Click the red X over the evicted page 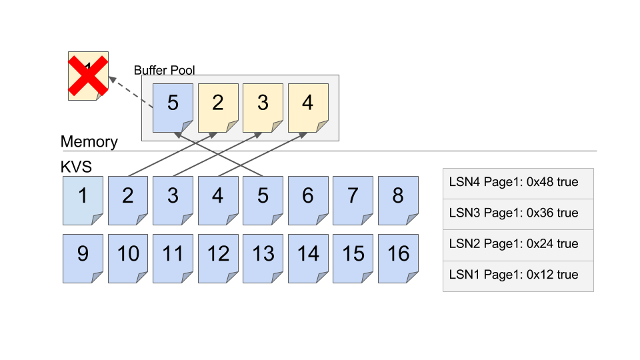(x=88, y=75)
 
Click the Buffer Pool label (x=164, y=70)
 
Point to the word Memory (x=89, y=142)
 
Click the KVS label (x=75, y=166)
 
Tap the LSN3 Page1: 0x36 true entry (x=518, y=213)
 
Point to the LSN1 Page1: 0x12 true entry (x=518, y=275)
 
